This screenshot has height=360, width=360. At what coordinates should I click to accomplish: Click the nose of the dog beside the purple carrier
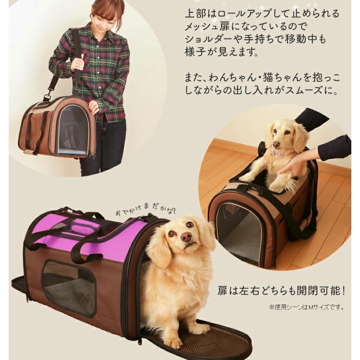pyautogui.click(x=186, y=236)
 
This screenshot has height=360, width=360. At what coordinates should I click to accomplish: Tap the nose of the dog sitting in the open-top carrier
pyautogui.click(x=276, y=144)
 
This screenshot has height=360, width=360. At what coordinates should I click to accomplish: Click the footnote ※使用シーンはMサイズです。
pyautogui.click(x=307, y=307)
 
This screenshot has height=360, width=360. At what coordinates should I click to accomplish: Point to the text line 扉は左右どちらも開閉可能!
pyautogui.click(x=281, y=291)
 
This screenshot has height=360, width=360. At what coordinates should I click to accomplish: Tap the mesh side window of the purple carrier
pyautogui.click(x=69, y=288)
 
